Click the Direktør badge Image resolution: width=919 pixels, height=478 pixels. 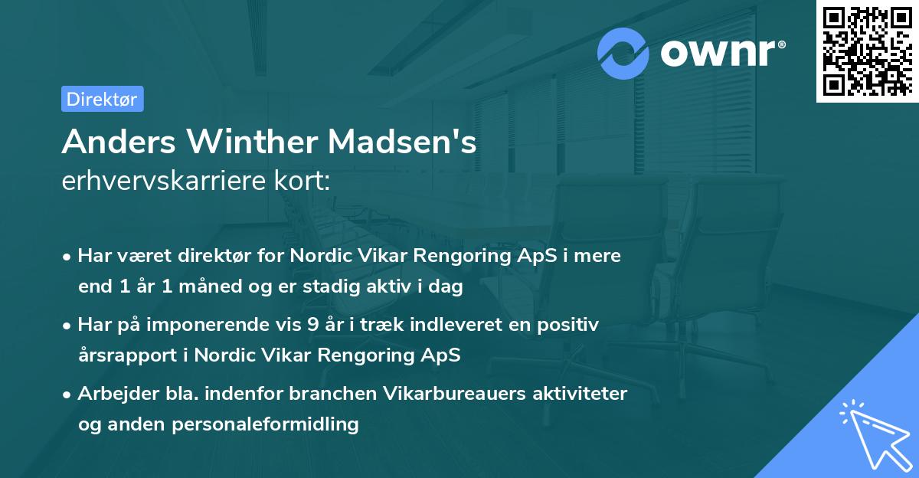pyautogui.click(x=103, y=99)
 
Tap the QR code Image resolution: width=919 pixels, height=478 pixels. pyautogui.click(x=867, y=51)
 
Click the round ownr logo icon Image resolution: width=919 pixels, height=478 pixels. pyautogui.click(x=623, y=53)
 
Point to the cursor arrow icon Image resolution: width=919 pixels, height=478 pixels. pyautogui.click(x=875, y=435)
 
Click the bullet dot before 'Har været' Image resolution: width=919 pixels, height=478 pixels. pyautogui.click(x=68, y=257)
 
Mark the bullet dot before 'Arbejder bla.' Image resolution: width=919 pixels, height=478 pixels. pyautogui.click(x=68, y=395)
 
